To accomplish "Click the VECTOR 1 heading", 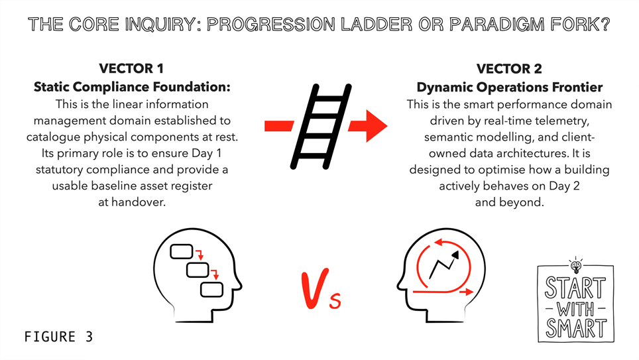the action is [x=131, y=68].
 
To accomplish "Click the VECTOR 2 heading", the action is [x=509, y=68].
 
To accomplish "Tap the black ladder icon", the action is [x=320, y=127].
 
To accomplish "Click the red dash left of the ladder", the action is [x=279, y=126].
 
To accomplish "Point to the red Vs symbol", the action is [x=321, y=289].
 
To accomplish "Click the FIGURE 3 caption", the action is [x=59, y=337].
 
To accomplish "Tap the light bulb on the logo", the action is [x=576, y=265].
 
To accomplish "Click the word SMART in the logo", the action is [x=576, y=329].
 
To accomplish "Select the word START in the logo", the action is [x=575, y=288].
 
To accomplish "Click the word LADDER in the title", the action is [x=377, y=25].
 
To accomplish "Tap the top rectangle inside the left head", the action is [x=182, y=251].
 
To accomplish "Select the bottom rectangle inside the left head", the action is [x=212, y=290].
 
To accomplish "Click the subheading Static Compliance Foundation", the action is [x=132, y=87].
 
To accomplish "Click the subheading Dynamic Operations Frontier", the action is [x=509, y=87].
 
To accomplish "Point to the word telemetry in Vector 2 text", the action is [x=561, y=121].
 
